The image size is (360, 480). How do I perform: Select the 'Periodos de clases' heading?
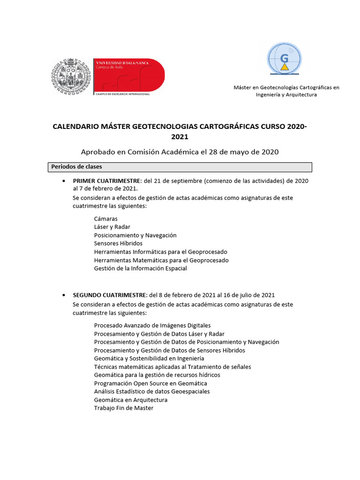pyautogui.click(x=77, y=167)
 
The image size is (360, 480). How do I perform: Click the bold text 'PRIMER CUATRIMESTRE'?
pyautogui.click(x=105, y=180)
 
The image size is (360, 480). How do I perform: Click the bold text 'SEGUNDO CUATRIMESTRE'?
pyautogui.click(x=110, y=295)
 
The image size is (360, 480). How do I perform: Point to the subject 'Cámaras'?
pyautogui.click(x=106, y=219)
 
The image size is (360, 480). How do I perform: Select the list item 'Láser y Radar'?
pyautogui.click(x=112, y=227)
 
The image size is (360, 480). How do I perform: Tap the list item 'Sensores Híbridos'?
pyautogui.click(x=118, y=243)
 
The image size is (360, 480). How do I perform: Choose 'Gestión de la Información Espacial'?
pyautogui.click(x=140, y=268)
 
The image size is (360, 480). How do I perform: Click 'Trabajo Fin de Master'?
pyautogui.click(x=124, y=408)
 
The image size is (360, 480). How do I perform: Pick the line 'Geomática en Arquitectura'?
pyautogui.click(x=130, y=400)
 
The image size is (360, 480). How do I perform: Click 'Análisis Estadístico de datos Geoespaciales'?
pyautogui.click(x=152, y=391)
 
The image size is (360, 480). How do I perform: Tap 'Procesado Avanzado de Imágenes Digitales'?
pyautogui.click(x=152, y=325)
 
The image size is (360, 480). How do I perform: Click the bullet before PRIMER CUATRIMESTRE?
pyautogui.click(x=63, y=181)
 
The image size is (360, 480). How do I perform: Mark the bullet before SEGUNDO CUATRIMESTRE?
pyautogui.click(x=63, y=295)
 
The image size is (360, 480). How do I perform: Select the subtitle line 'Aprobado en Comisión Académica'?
pyautogui.click(x=180, y=151)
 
